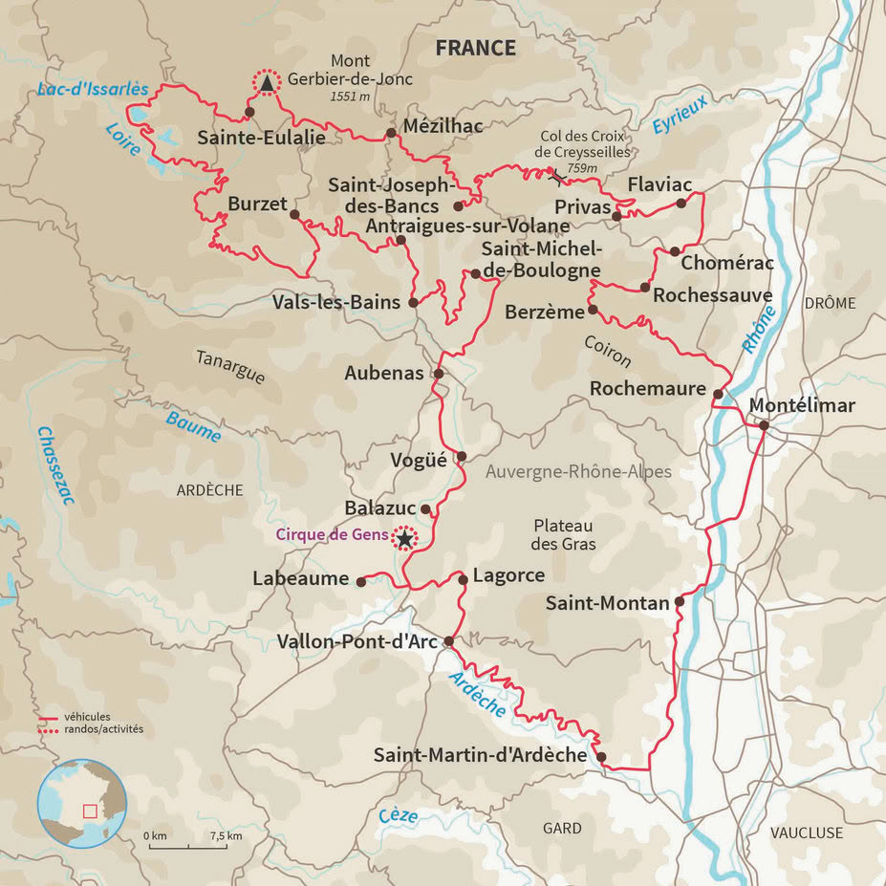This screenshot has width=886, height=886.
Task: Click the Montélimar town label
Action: point(801,405)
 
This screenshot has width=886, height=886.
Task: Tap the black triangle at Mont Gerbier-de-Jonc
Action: point(267,84)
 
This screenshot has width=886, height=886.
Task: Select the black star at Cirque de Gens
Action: point(405,540)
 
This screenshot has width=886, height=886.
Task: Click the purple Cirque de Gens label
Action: point(332,535)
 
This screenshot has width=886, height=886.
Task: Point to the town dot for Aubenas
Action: point(439,374)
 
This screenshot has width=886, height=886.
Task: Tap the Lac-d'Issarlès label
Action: point(93,90)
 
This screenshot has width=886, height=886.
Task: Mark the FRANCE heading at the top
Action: point(475,49)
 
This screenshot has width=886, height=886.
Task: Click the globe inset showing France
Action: point(82,804)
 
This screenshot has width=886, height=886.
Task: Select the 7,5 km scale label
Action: point(226,836)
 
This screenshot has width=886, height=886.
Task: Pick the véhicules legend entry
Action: point(87,716)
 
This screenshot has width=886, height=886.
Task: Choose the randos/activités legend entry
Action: point(103,728)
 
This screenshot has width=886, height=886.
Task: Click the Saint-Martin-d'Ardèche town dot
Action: point(601,757)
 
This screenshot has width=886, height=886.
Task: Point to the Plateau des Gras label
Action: point(564,535)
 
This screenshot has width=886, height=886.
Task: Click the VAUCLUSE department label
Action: point(807,832)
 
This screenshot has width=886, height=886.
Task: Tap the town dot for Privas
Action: point(616,216)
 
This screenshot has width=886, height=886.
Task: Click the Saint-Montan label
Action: point(607,603)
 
